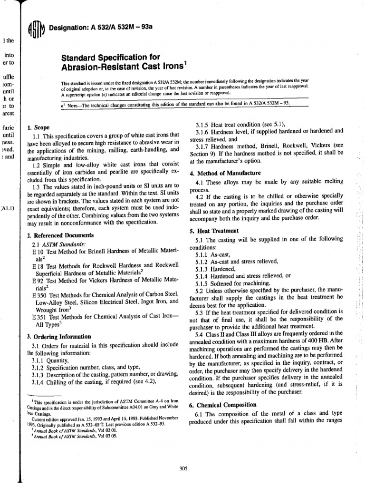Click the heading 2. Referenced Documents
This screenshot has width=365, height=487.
point(61,235)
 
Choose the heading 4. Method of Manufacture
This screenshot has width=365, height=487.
point(221,173)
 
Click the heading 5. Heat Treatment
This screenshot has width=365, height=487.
point(212,231)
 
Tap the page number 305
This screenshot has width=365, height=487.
point(184,468)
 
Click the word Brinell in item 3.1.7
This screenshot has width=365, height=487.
point(272,146)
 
